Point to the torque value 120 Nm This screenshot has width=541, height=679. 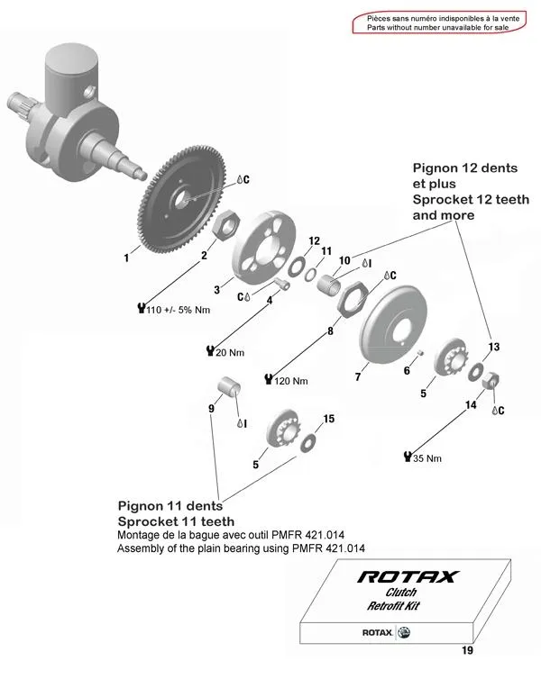point(289,380)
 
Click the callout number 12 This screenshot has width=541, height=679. point(314,240)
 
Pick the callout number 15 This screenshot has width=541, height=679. point(329,419)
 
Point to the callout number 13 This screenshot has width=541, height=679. point(493,347)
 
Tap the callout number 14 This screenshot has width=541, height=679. point(470,405)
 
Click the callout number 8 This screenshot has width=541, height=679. point(330,331)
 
